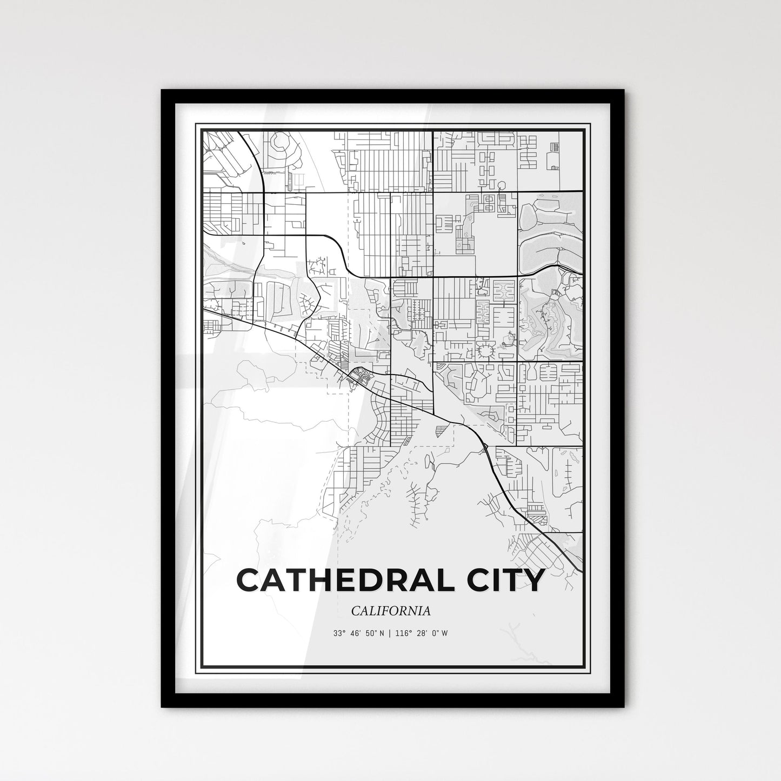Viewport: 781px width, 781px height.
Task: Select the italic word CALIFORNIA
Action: (x=391, y=611)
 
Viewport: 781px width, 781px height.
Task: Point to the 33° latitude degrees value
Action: (x=339, y=633)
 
